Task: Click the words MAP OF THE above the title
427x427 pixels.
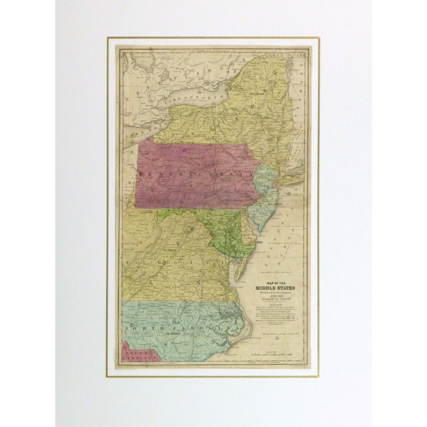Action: (x=276, y=282)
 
